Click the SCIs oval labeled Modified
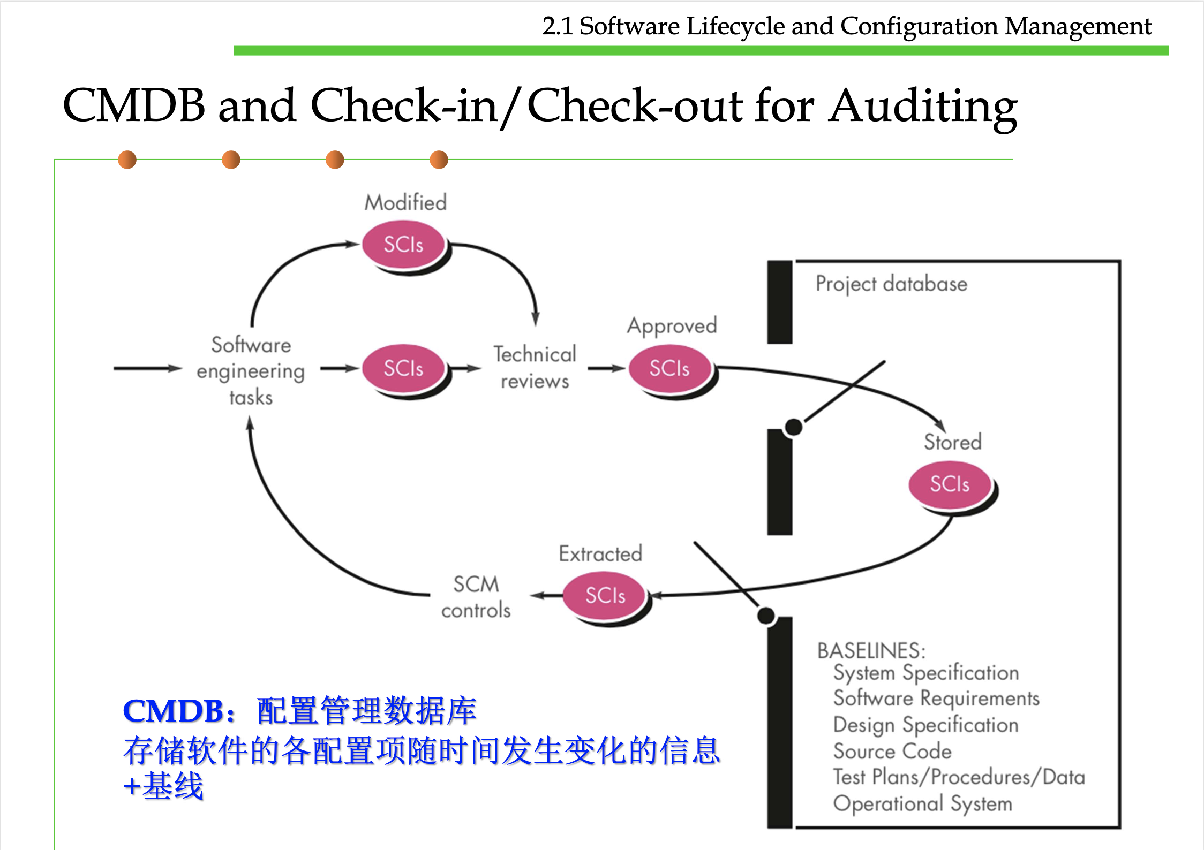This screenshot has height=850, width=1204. [404, 245]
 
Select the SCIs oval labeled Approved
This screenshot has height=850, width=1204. [669, 368]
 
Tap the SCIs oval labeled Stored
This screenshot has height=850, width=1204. [950, 484]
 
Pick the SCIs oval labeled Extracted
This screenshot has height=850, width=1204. [605, 595]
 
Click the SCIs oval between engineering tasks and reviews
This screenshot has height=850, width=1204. [404, 368]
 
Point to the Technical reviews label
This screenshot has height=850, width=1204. [535, 367]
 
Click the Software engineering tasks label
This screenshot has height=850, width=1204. [251, 370]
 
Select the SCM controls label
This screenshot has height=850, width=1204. [476, 597]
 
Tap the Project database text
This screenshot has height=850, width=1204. [891, 284]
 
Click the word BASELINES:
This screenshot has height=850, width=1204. [871, 650]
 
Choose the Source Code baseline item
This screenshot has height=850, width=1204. [892, 751]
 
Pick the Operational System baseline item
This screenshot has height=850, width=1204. [922, 803]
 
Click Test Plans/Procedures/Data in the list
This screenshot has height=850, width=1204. [959, 777]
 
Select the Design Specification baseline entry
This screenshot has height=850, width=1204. [925, 725]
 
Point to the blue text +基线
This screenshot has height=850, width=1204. [163, 786]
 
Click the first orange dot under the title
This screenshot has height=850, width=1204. [127, 160]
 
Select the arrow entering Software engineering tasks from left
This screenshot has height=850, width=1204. [147, 368]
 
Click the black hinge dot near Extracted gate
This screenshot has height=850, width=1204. [766, 616]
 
